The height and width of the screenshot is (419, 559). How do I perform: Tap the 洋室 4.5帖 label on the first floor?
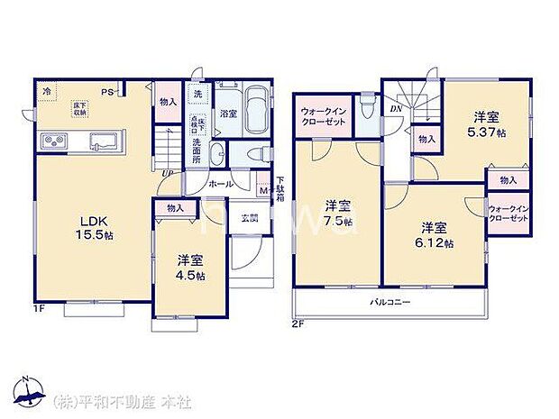tap(188, 268)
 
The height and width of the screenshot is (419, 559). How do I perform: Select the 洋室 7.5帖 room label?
tap(337, 213)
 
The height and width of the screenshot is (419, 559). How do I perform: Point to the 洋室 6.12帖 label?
tap(435, 234)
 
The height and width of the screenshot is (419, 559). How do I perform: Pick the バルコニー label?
tap(389, 302)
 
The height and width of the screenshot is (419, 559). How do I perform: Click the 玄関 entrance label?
tap(250, 217)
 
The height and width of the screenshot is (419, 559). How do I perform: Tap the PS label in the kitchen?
tap(106, 92)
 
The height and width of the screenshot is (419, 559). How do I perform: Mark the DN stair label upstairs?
tap(396, 109)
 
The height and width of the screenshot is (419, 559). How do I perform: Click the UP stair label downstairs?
tap(168, 173)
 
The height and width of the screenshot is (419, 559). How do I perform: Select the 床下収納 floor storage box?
tap(80, 108)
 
